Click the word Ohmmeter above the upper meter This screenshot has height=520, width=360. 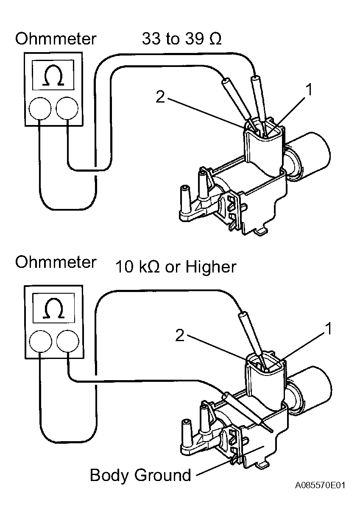coord(56,39)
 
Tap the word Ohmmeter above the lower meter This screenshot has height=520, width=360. coord(56,262)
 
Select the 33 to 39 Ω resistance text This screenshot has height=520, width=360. coord(181,39)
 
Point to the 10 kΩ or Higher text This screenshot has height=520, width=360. coord(176,267)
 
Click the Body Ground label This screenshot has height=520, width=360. coord(140,475)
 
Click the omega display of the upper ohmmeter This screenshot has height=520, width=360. coord(53,75)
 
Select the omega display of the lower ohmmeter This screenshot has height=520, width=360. coord(54,308)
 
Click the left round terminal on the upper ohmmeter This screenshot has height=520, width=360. coord(40,108)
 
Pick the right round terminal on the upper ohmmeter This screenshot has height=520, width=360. coord(67,108)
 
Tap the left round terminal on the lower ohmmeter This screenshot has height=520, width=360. coord(41,342)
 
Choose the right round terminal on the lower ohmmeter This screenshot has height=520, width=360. coord(67,342)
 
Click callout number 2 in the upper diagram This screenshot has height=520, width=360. coord(160,97)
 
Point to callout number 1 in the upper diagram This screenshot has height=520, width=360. coord(308,90)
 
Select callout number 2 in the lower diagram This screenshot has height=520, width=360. coord(180,335)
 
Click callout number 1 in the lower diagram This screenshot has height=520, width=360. coord(328,328)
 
